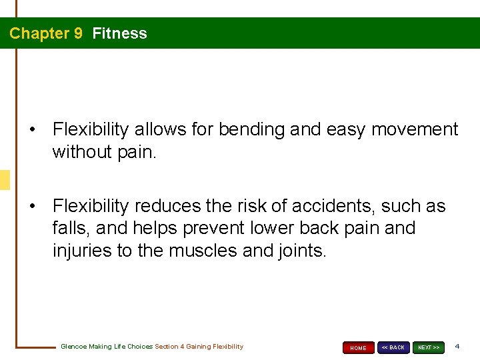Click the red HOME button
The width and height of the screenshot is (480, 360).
point(359,347)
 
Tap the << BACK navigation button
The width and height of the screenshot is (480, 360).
point(393,347)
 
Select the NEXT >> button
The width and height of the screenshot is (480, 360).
point(429,347)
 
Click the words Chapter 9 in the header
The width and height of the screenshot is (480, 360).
point(46,33)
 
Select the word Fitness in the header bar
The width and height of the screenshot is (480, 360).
point(119,33)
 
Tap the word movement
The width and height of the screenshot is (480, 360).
point(415,129)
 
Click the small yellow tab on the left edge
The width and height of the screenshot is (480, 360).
point(5,180)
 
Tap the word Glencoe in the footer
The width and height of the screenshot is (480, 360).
point(75,347)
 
